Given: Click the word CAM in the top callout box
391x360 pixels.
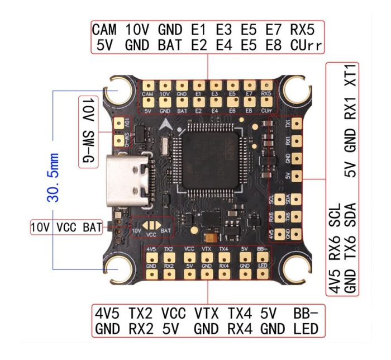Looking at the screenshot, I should click(104, 29).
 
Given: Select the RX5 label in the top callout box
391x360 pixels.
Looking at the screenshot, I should click(304, 29).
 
